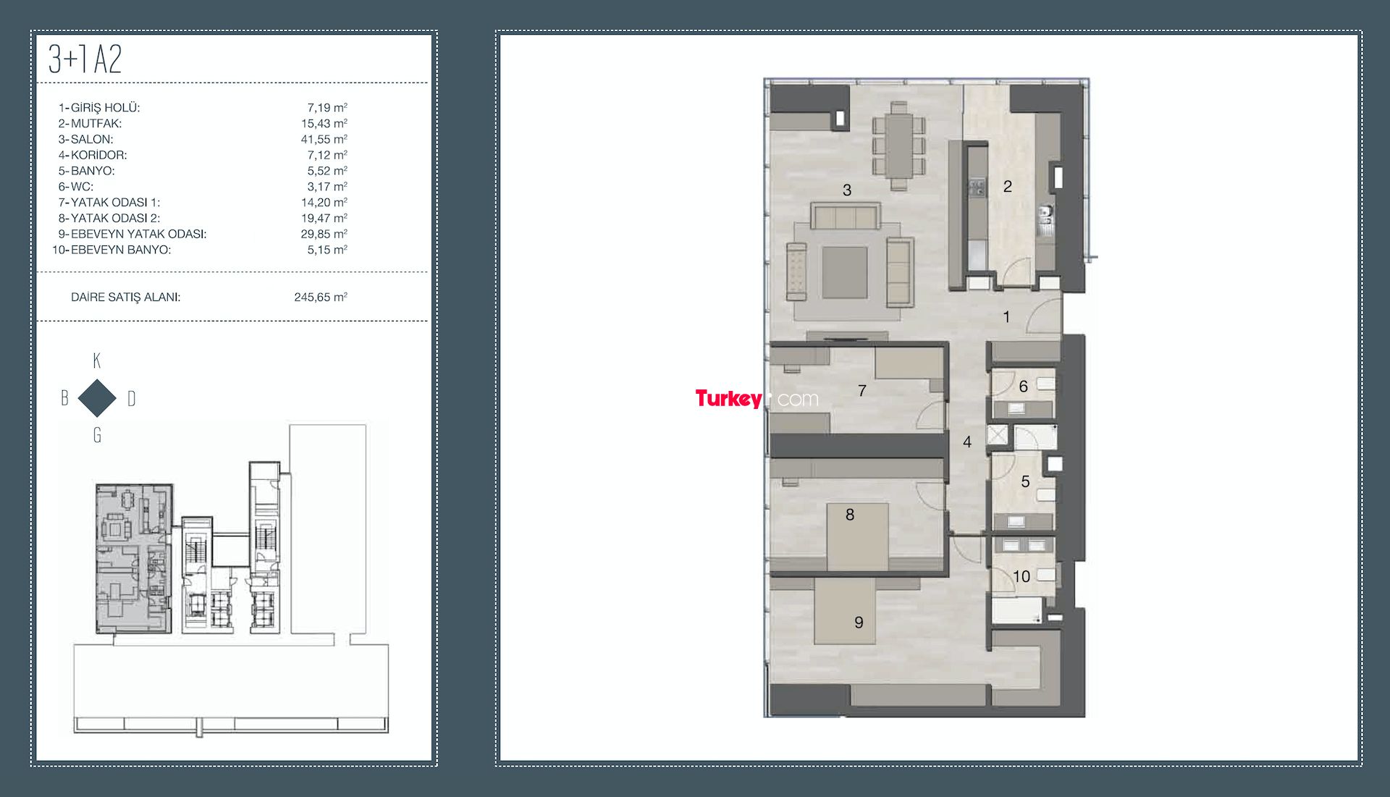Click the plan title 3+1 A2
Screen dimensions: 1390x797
click(x=85, y=59)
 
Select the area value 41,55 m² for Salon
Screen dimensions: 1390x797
click(x=324, y=139)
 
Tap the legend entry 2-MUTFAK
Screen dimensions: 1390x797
click(x=90, y=124)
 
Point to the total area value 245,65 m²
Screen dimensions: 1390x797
click(x=321, y=297)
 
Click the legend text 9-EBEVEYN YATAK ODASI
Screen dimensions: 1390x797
click(x=132, y=234)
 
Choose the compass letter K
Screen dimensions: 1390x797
click(x=97, y=360)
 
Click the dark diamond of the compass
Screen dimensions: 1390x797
click(x=97, y=397)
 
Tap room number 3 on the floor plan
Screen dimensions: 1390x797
click(x=847, y=190)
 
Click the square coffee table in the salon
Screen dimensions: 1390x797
click(x=844, y=272)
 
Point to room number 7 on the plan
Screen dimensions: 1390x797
click(x=862, y=391)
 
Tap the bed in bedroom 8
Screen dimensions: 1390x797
click(x=859, y=536)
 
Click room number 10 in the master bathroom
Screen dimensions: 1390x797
click(x=1022, y=577)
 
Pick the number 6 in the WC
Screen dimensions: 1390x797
click(x=1023, y=387)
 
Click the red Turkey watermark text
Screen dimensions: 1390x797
click(x=728, y=398)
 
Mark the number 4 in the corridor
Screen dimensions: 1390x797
click(x=967, y=442)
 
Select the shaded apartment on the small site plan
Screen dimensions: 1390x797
click(x=134, y=558)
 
